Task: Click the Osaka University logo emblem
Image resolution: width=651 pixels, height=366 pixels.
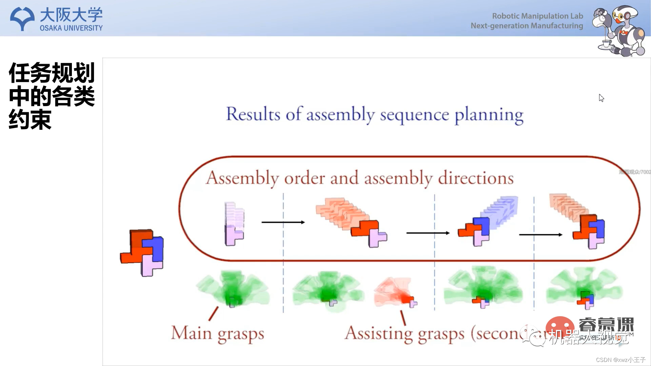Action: click(x=22, y=18)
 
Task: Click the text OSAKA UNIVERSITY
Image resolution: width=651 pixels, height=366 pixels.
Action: click(x=71, y=28)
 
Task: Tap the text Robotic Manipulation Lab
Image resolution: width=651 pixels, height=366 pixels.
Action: click(x=537, y=16)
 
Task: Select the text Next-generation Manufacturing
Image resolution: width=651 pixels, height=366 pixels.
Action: click(x=527, y=26)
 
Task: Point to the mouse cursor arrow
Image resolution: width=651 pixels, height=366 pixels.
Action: click(x=601, y=98)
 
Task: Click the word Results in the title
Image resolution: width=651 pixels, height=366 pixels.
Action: click(x=253, y=114)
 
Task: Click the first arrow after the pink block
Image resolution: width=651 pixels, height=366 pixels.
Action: click(x=283, y=222)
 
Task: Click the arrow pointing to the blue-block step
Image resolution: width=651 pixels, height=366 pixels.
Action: click(x=428, y=233)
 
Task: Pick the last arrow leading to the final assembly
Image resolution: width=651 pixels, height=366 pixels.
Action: click(x=540, y=235)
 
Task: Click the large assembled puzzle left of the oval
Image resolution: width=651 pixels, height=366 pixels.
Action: click(x=142, y=252)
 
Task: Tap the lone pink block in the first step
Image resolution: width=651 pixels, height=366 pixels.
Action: click(x=234, y=234)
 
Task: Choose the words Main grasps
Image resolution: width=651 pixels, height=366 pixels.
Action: click(x=217, y=333)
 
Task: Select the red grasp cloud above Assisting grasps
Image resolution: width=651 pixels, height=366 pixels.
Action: click(x=393, y=291)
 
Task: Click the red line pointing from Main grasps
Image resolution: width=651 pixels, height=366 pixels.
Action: click(x=213, y=313)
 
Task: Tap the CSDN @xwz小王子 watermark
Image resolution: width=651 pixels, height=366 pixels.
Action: click(x=620, y=360)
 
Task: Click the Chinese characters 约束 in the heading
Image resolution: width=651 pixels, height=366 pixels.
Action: click(x=30, y=120)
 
